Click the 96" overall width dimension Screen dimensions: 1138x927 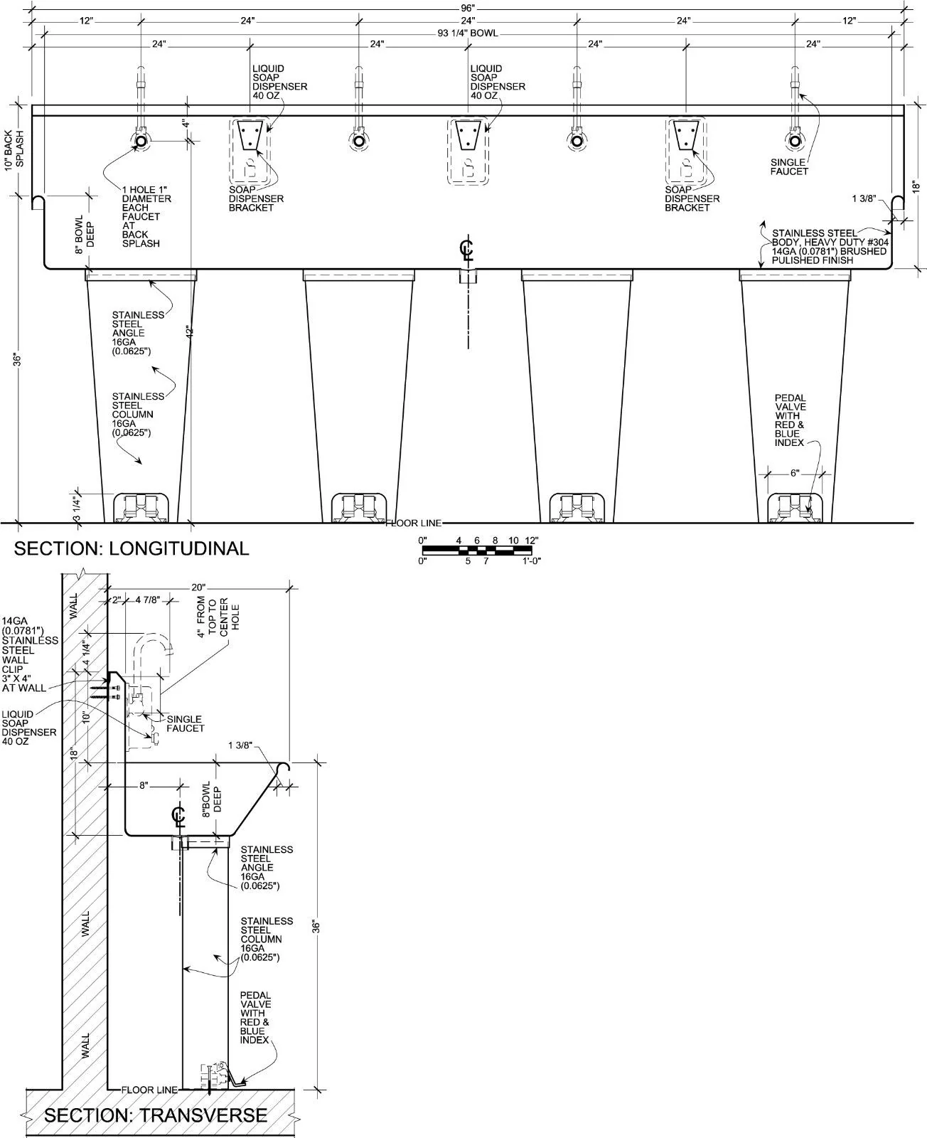point(468,7)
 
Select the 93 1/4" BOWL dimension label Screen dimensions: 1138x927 point(468,33)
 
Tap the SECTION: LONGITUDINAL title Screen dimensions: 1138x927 point(132,548)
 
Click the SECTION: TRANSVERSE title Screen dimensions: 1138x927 point(156,1115)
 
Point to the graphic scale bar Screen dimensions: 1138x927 point(478,550)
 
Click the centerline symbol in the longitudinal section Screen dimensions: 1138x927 point(467,251)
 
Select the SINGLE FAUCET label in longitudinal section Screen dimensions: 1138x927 point(789,167)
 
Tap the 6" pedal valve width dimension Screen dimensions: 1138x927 point(795,473)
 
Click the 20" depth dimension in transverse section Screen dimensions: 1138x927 point(198,587)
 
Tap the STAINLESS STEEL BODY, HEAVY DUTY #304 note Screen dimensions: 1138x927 point(829,247)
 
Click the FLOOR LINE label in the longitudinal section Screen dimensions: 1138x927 point(414,523)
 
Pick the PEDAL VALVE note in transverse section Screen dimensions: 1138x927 point(254,1018)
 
